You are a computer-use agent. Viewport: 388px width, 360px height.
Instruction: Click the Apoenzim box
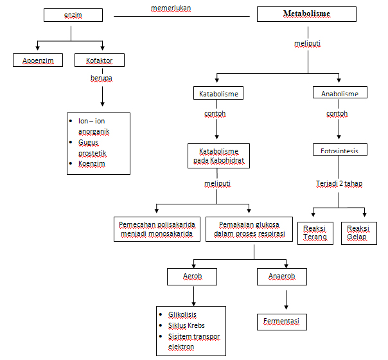coord(38,60)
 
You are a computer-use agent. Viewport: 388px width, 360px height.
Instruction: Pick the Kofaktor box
coord(100,60)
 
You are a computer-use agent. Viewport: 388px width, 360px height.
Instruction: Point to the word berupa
coord(101,78)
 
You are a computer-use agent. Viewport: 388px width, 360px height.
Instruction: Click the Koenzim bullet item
coord(92,164)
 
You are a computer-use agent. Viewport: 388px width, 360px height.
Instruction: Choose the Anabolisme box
coord(340,94)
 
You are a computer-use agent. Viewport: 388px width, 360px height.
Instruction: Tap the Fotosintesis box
coord(340,150)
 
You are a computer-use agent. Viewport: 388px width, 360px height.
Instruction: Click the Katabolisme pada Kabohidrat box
coord(218,156)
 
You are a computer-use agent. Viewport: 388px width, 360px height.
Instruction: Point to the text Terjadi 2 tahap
coord(339,183)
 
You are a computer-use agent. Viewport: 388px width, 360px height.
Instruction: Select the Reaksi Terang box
coord(315,233)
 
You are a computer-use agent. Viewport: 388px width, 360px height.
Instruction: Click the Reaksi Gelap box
coord(359,233)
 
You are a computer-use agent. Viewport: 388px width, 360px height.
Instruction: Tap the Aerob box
coord(192,276)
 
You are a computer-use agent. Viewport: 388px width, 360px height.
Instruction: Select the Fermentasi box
coord(282,320)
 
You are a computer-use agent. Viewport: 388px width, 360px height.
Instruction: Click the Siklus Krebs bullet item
coord(186,325)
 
